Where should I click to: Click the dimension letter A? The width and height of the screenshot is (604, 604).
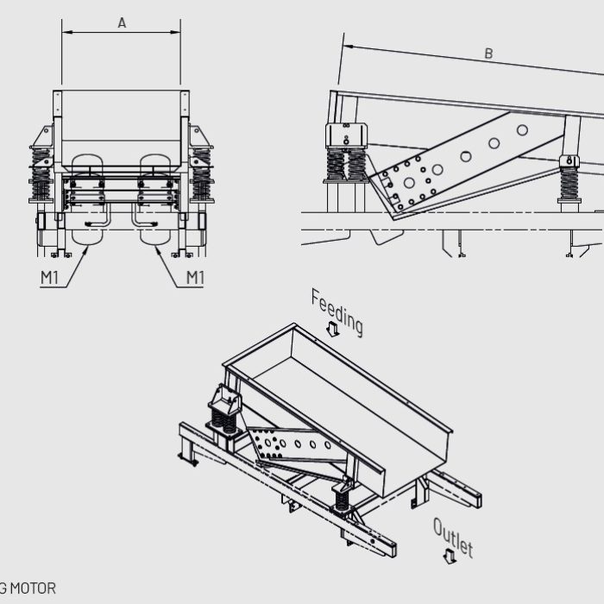(122, 23)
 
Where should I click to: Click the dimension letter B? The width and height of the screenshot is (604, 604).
(488, 53)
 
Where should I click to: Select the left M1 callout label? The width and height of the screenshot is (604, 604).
(51, 277)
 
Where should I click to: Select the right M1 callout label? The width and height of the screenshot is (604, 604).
(195, 277)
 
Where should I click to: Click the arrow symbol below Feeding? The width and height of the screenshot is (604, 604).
(332, 330)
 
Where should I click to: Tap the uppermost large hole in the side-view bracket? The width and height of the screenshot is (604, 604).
(522, 130)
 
